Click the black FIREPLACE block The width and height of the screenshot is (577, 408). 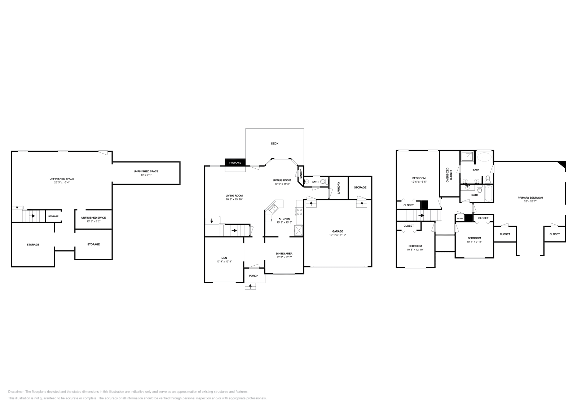235,163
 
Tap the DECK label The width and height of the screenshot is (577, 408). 274,143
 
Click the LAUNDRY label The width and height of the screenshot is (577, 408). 339,187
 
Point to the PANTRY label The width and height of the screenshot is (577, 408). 300,174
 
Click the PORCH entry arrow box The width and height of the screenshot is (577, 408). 251,287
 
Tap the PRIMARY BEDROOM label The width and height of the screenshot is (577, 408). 530,198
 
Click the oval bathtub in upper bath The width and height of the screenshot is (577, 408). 484,157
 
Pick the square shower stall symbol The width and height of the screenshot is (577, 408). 467,156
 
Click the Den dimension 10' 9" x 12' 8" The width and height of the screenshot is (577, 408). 224,261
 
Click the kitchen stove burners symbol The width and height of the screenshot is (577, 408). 299,212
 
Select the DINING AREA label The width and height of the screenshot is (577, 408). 284,253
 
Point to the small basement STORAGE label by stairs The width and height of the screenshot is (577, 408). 53,216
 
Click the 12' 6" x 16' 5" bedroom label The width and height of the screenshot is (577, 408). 419,182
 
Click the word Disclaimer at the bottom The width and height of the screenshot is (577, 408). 16,391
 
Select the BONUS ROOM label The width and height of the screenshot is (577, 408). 282,180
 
